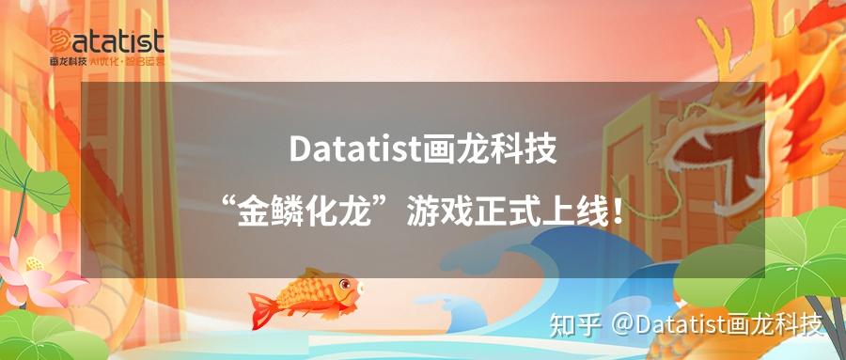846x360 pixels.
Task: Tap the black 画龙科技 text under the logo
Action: pyautogui.click(x=69, y=61)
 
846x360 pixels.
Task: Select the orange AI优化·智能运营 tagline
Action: pyautogui.click(x=127, y=61)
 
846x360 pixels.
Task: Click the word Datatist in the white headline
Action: pyautogui.click(x=355, y=149)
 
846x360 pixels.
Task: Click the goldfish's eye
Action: pyautogui.click(x=345, y=283)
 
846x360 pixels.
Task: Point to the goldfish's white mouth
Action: pyautogui.click(x=360, y=290)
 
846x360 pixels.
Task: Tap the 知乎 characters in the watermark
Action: pyautogui.click(x=575, y=325)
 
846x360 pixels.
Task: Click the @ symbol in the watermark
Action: pyautogui.click(x=623, y=326)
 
